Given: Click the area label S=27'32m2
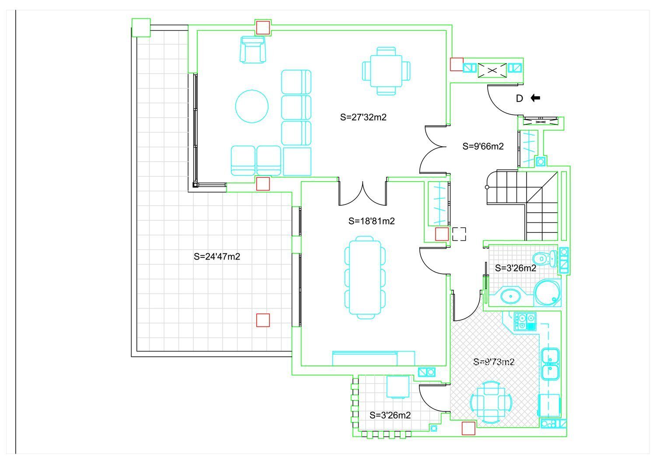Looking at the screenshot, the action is pyautogui.click(x=363, y=117).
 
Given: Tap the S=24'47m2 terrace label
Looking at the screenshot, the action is pyautogui.click(x=217, y=257).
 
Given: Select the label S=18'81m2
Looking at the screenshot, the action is pyautogui.click(x=371, y=221).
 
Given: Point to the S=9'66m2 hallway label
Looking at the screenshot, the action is pyautogui.click(x=483, y=146).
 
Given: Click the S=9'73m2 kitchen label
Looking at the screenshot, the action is pyautogui.click(x=494, y=362).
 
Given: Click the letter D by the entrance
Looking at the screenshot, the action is pyautogui.click(x=519, y=98).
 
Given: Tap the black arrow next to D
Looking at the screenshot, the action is pyautogui.click(x=535, y=98).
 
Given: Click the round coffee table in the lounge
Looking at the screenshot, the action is pyautogui.click(x=252, y=106).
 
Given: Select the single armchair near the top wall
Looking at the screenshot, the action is pyautogui.click(x=253, y=49).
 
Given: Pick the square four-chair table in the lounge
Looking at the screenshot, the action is pyautogui.click(x=386, y=71).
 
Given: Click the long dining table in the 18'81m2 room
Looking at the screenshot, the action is pyautogui.click(x=365, y=277).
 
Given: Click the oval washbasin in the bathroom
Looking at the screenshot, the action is pyautogui.click(x=511, y=296).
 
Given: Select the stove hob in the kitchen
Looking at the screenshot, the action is pyautogui.click(x=525, y=322).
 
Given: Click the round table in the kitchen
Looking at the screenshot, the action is pyautogui.click(x=492, y=402).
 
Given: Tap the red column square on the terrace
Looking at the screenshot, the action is pyautogui.click(x=263, y=320).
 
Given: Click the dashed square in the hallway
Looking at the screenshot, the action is pyautogui.click(x=459, y=234).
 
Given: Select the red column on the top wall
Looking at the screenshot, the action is pyautogui.click(x=263, y=28).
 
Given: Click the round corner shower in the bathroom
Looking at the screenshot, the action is pyautogui.click(x=547, y=292).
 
